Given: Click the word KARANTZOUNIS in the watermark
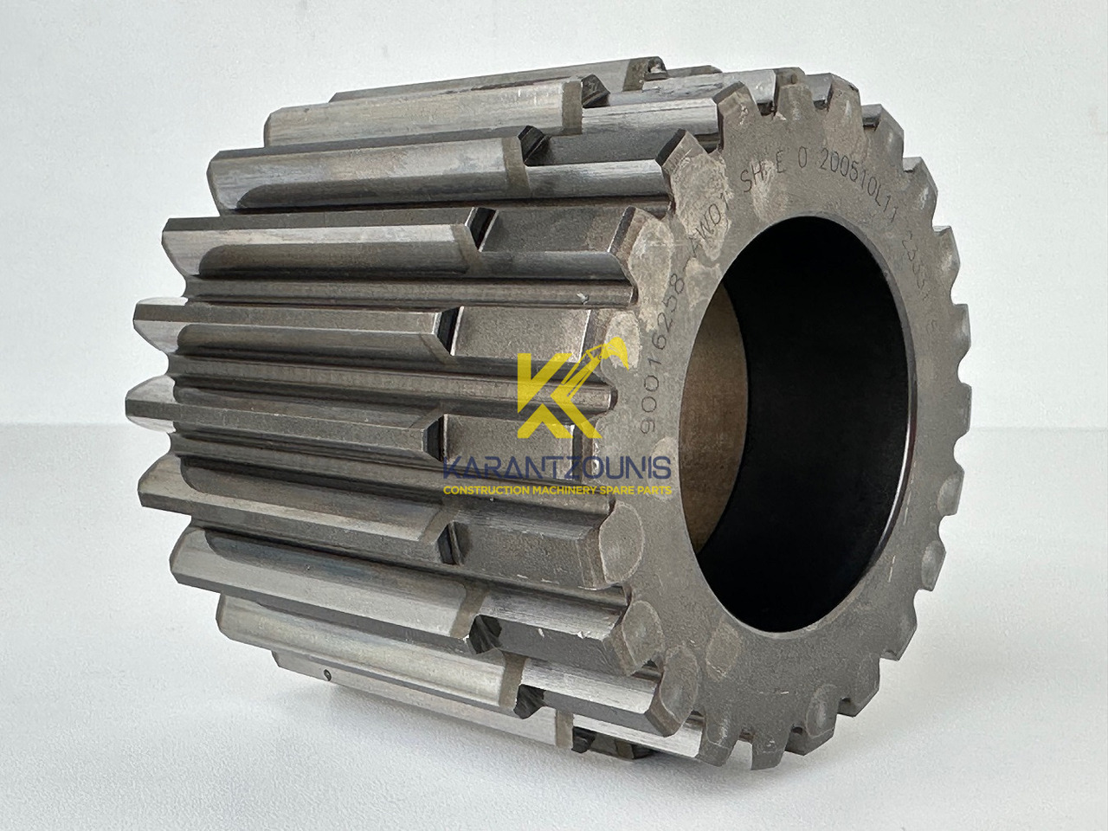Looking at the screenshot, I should point(556,468).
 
